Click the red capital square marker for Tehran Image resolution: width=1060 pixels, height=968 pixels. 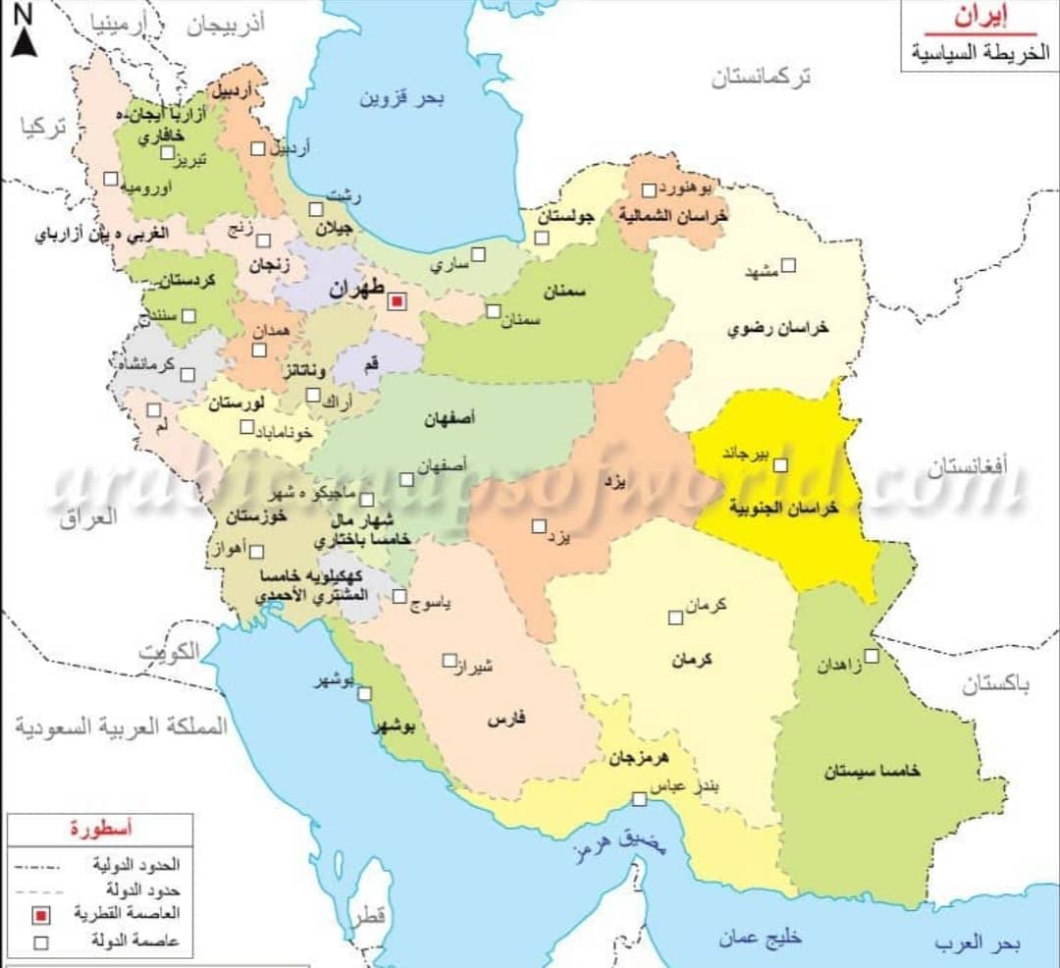click(x=396, y=302)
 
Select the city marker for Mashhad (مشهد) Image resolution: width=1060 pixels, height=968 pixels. click(x=788, y=264)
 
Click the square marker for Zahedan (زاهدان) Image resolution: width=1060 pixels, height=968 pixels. click(x=872, y=655)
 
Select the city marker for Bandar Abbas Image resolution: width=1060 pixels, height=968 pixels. click(x=639, y=799)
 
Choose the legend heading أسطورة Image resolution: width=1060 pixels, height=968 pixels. click(x=103, y=828)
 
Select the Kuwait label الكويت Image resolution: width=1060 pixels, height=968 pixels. click(x=169, y=652)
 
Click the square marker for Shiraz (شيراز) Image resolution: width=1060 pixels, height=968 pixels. click(x=450, y=661)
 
